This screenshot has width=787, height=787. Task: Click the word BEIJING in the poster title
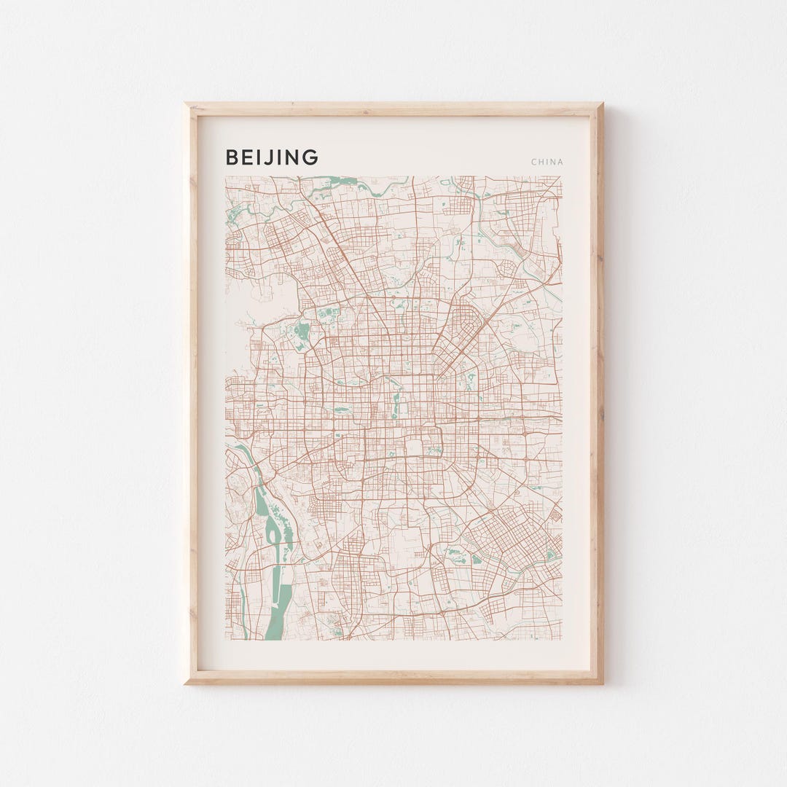(x=272, y=157)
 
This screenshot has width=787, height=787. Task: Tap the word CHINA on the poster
(x=547, y=162)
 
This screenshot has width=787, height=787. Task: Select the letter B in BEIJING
(x=231, y=157)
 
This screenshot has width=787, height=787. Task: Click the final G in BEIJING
(x=311, y=157)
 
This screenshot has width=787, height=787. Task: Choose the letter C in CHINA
(x=533, y=162)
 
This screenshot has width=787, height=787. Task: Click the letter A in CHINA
(x=560, y=162)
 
